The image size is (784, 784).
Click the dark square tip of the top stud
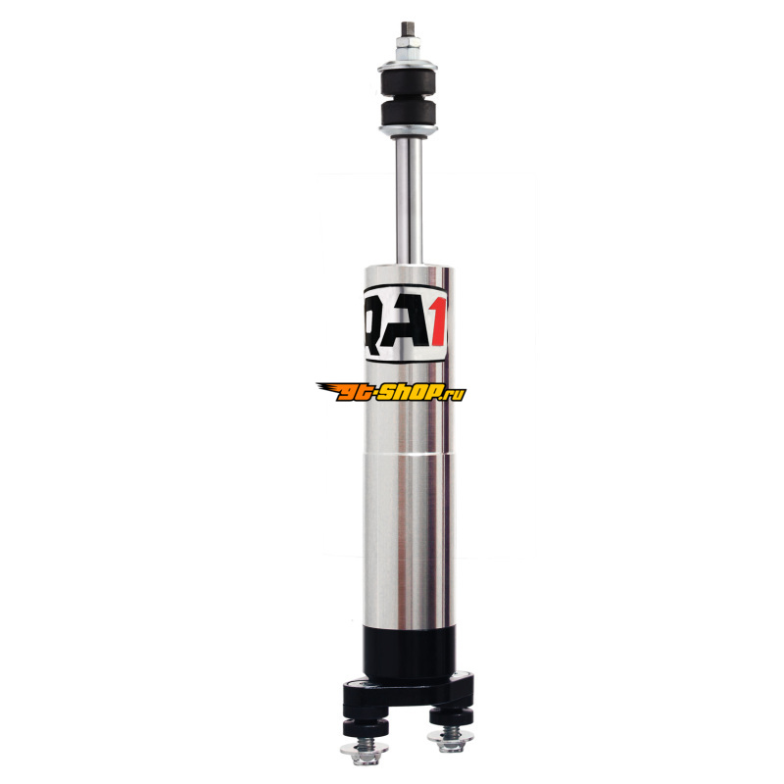408,28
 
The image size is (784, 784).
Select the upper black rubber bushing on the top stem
409,83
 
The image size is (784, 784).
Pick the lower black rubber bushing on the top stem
409,113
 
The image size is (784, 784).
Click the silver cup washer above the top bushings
408,66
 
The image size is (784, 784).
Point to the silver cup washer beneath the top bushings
409,131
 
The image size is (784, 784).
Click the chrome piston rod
409,200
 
